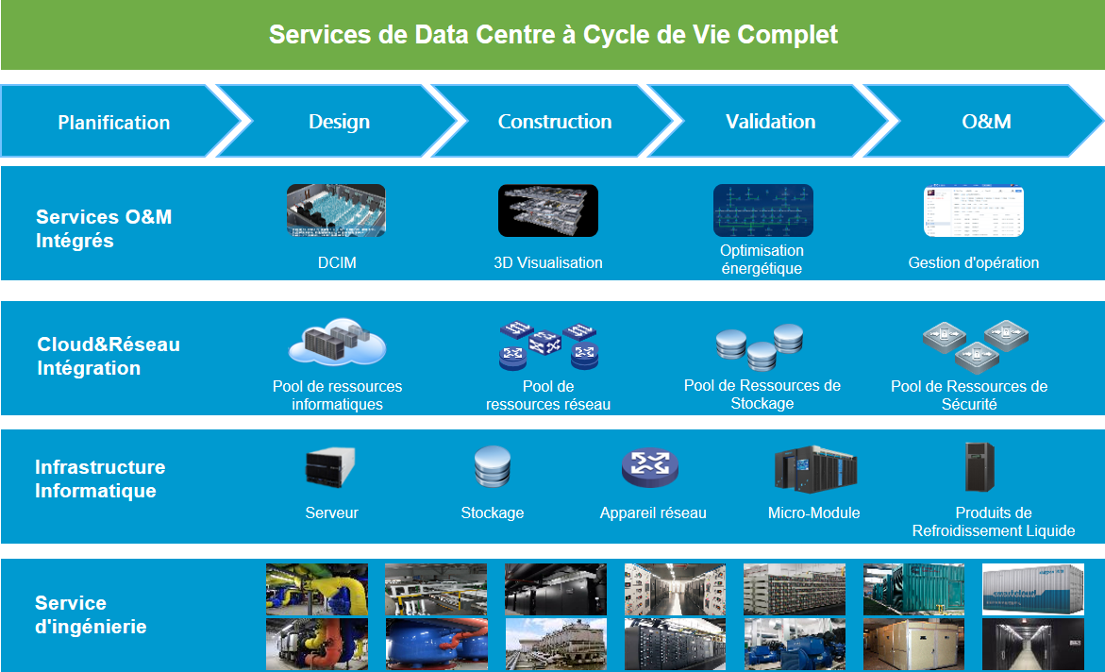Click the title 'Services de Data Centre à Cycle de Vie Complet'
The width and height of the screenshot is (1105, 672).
pyautogui.click(x=553, y=35)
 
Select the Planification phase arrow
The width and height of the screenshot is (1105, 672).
pyautogui.click(x=114, y=122)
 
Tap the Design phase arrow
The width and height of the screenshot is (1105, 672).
pyautogui.click(x=339, y=122)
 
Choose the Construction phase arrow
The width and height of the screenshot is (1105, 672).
pyautogui.click(x=555, y=122)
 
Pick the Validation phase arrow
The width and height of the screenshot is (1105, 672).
pyautogui.click(x=770, y=122)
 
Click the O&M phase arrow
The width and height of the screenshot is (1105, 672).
pyautogui.click(x=986, y=122)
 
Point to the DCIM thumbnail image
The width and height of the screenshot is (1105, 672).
pyautogui.click(x=336, y=210)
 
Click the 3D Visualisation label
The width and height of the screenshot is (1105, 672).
pyautogui.click(x=548, y=263)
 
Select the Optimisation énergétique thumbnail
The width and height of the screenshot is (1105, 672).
pyautogui.click(x=762, y=210)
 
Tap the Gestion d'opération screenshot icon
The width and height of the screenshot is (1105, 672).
pyautogui.click(x=974, y=210)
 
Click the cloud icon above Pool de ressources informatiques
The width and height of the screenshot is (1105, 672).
pyautogui.click(x=337, y=344)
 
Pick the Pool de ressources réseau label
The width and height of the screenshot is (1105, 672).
pyautogui.click(x=548, y=395)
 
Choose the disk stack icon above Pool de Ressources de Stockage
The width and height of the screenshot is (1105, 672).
pyautogui.click(x=760, y=347)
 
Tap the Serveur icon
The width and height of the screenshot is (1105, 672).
pyautogui.click(x=330, y=466)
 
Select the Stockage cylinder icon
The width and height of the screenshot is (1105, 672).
pyautogui.click(x=492, y=467)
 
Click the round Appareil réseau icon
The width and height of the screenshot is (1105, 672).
pyautogui.click(x=650, y=467)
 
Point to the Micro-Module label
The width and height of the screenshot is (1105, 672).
pyautogui.click(x=814, y=513)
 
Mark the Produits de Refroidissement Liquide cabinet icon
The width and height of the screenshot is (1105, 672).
pyautogui.click(x=979, y=466)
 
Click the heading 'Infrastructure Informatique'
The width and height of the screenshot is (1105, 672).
pyautogui.click(x=100, y=479)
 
